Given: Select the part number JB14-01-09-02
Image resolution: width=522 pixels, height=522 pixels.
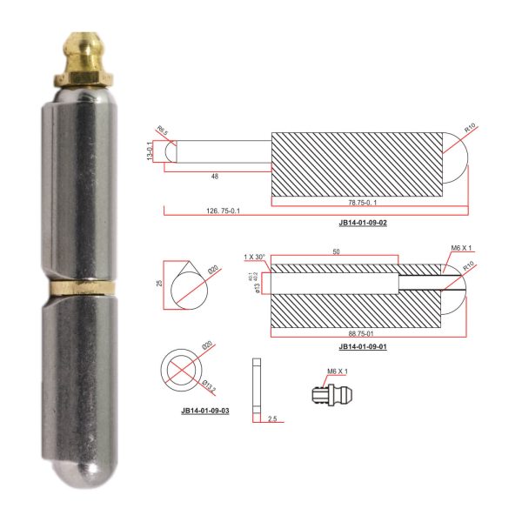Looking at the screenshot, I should coord(363,223).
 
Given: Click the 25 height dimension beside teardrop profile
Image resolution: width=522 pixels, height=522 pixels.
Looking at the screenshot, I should coord(160,283).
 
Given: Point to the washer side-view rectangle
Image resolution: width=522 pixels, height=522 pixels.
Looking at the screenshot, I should coord(255,386).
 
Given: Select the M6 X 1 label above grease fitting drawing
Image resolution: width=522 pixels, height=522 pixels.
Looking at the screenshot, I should coord(337,371).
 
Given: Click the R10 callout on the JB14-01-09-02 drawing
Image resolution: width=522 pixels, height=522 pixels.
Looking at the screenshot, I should coord(470,128).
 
